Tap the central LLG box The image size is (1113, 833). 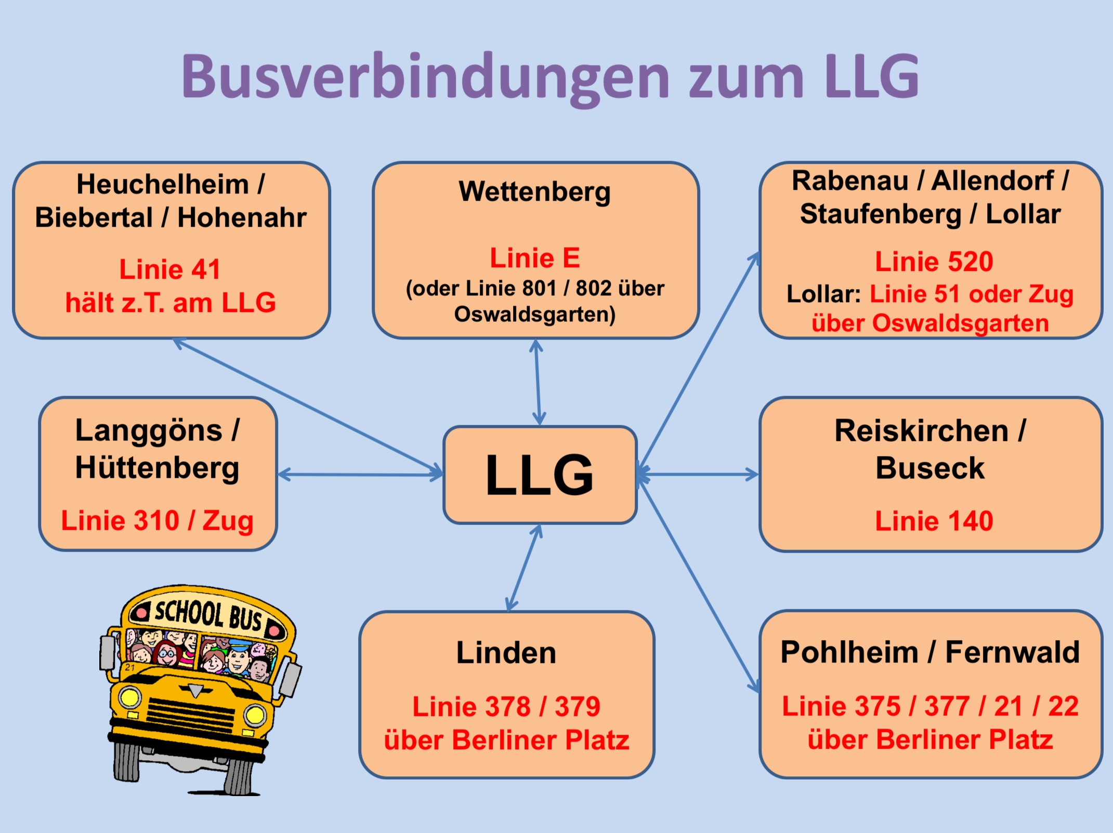coord(540,475)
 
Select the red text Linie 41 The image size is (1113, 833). coord(170,269)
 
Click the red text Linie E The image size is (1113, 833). coord(534,258)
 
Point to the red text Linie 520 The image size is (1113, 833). coord(934,261)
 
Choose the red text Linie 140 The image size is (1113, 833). coord(934,520)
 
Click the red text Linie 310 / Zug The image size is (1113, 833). coord(157,520)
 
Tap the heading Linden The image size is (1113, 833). coord(506,653)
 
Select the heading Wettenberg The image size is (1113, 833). coord(534,191)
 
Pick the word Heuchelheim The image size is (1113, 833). coord(162,184)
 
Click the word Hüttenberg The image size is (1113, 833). coord(157,467)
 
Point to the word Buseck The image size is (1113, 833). coord(929,467)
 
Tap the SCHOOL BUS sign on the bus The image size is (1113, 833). coord(208,614)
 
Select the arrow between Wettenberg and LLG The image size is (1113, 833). coord(538,382)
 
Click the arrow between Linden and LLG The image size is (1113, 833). coord(524,567)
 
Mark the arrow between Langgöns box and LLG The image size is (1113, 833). coord(360,474)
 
